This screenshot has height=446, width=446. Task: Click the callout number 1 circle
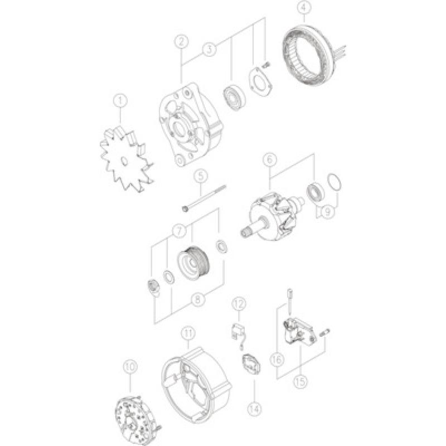point(119,101)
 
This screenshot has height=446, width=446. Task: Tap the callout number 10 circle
point(130,366)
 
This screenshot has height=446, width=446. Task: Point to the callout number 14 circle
point(254,408)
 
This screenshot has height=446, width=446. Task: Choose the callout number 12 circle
point(239,304)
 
